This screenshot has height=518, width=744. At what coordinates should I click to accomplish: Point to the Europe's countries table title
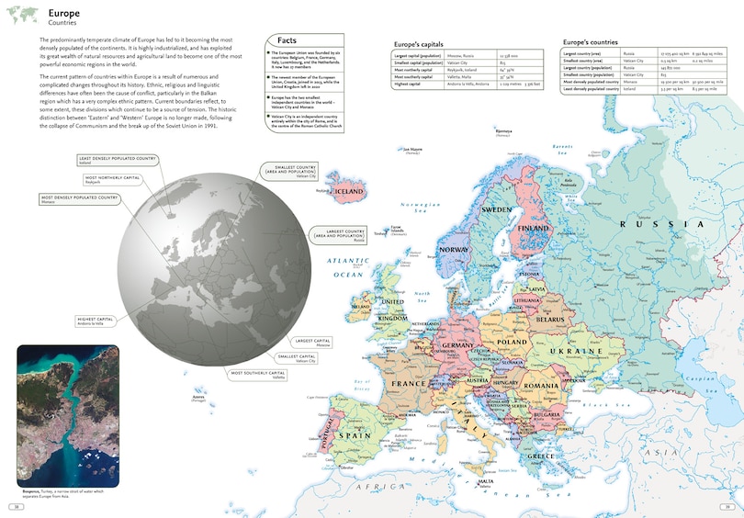590,42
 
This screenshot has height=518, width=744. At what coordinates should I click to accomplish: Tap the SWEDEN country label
496,209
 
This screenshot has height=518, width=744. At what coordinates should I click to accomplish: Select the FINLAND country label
534,229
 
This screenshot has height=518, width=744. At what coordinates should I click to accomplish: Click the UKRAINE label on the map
575,350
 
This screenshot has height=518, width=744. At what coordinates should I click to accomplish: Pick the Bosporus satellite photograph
67,415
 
